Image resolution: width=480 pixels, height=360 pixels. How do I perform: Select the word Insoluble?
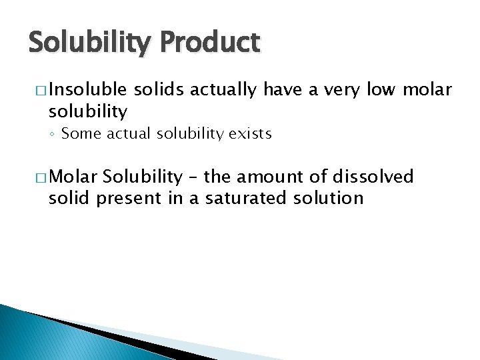click(88, 89)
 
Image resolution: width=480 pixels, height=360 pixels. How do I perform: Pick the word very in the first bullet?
click(340, 89)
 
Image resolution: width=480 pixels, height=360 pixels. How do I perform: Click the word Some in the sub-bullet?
click(81, 134)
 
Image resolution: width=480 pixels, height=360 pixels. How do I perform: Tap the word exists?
click(250, 134)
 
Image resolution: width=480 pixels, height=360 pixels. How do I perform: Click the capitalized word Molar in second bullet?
click(73, 177)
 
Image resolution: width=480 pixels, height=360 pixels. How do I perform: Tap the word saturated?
click(233, 198)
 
